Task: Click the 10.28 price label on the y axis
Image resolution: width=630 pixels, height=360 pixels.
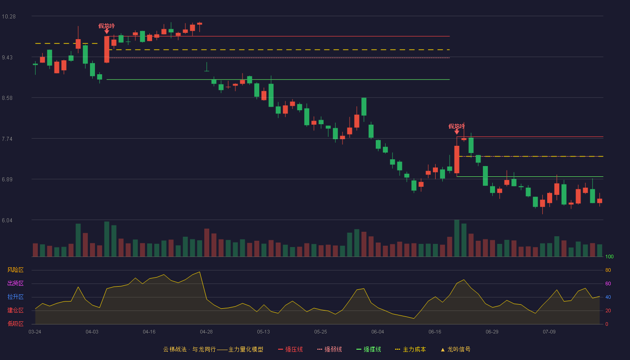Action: click(9, 17)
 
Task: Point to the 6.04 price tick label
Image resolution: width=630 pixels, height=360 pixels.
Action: click(7, 220)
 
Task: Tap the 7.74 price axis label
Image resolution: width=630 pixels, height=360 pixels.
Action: click(7, 139)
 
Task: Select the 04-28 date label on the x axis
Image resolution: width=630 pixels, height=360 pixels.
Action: click(206, 332)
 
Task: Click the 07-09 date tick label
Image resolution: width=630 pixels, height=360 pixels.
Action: click(549, 332)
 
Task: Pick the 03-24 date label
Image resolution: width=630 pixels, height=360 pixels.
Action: click(35, 332)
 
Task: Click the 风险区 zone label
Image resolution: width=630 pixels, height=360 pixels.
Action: click(15, 270)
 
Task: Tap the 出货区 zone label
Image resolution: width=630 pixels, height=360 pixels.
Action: click(15, 283)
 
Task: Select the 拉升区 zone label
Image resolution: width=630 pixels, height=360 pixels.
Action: click(15, 297)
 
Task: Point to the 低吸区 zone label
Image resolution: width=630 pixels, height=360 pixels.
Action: click(15, 324)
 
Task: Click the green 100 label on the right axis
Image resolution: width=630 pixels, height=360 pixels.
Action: click(609, 256)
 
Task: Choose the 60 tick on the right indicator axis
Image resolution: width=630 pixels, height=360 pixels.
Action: click(608, 283)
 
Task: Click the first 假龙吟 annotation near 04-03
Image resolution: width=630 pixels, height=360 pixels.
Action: click(107, 26)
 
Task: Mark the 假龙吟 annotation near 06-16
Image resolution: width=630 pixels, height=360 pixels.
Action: click(456, 126)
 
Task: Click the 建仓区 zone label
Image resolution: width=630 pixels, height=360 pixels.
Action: click(15, 310)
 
